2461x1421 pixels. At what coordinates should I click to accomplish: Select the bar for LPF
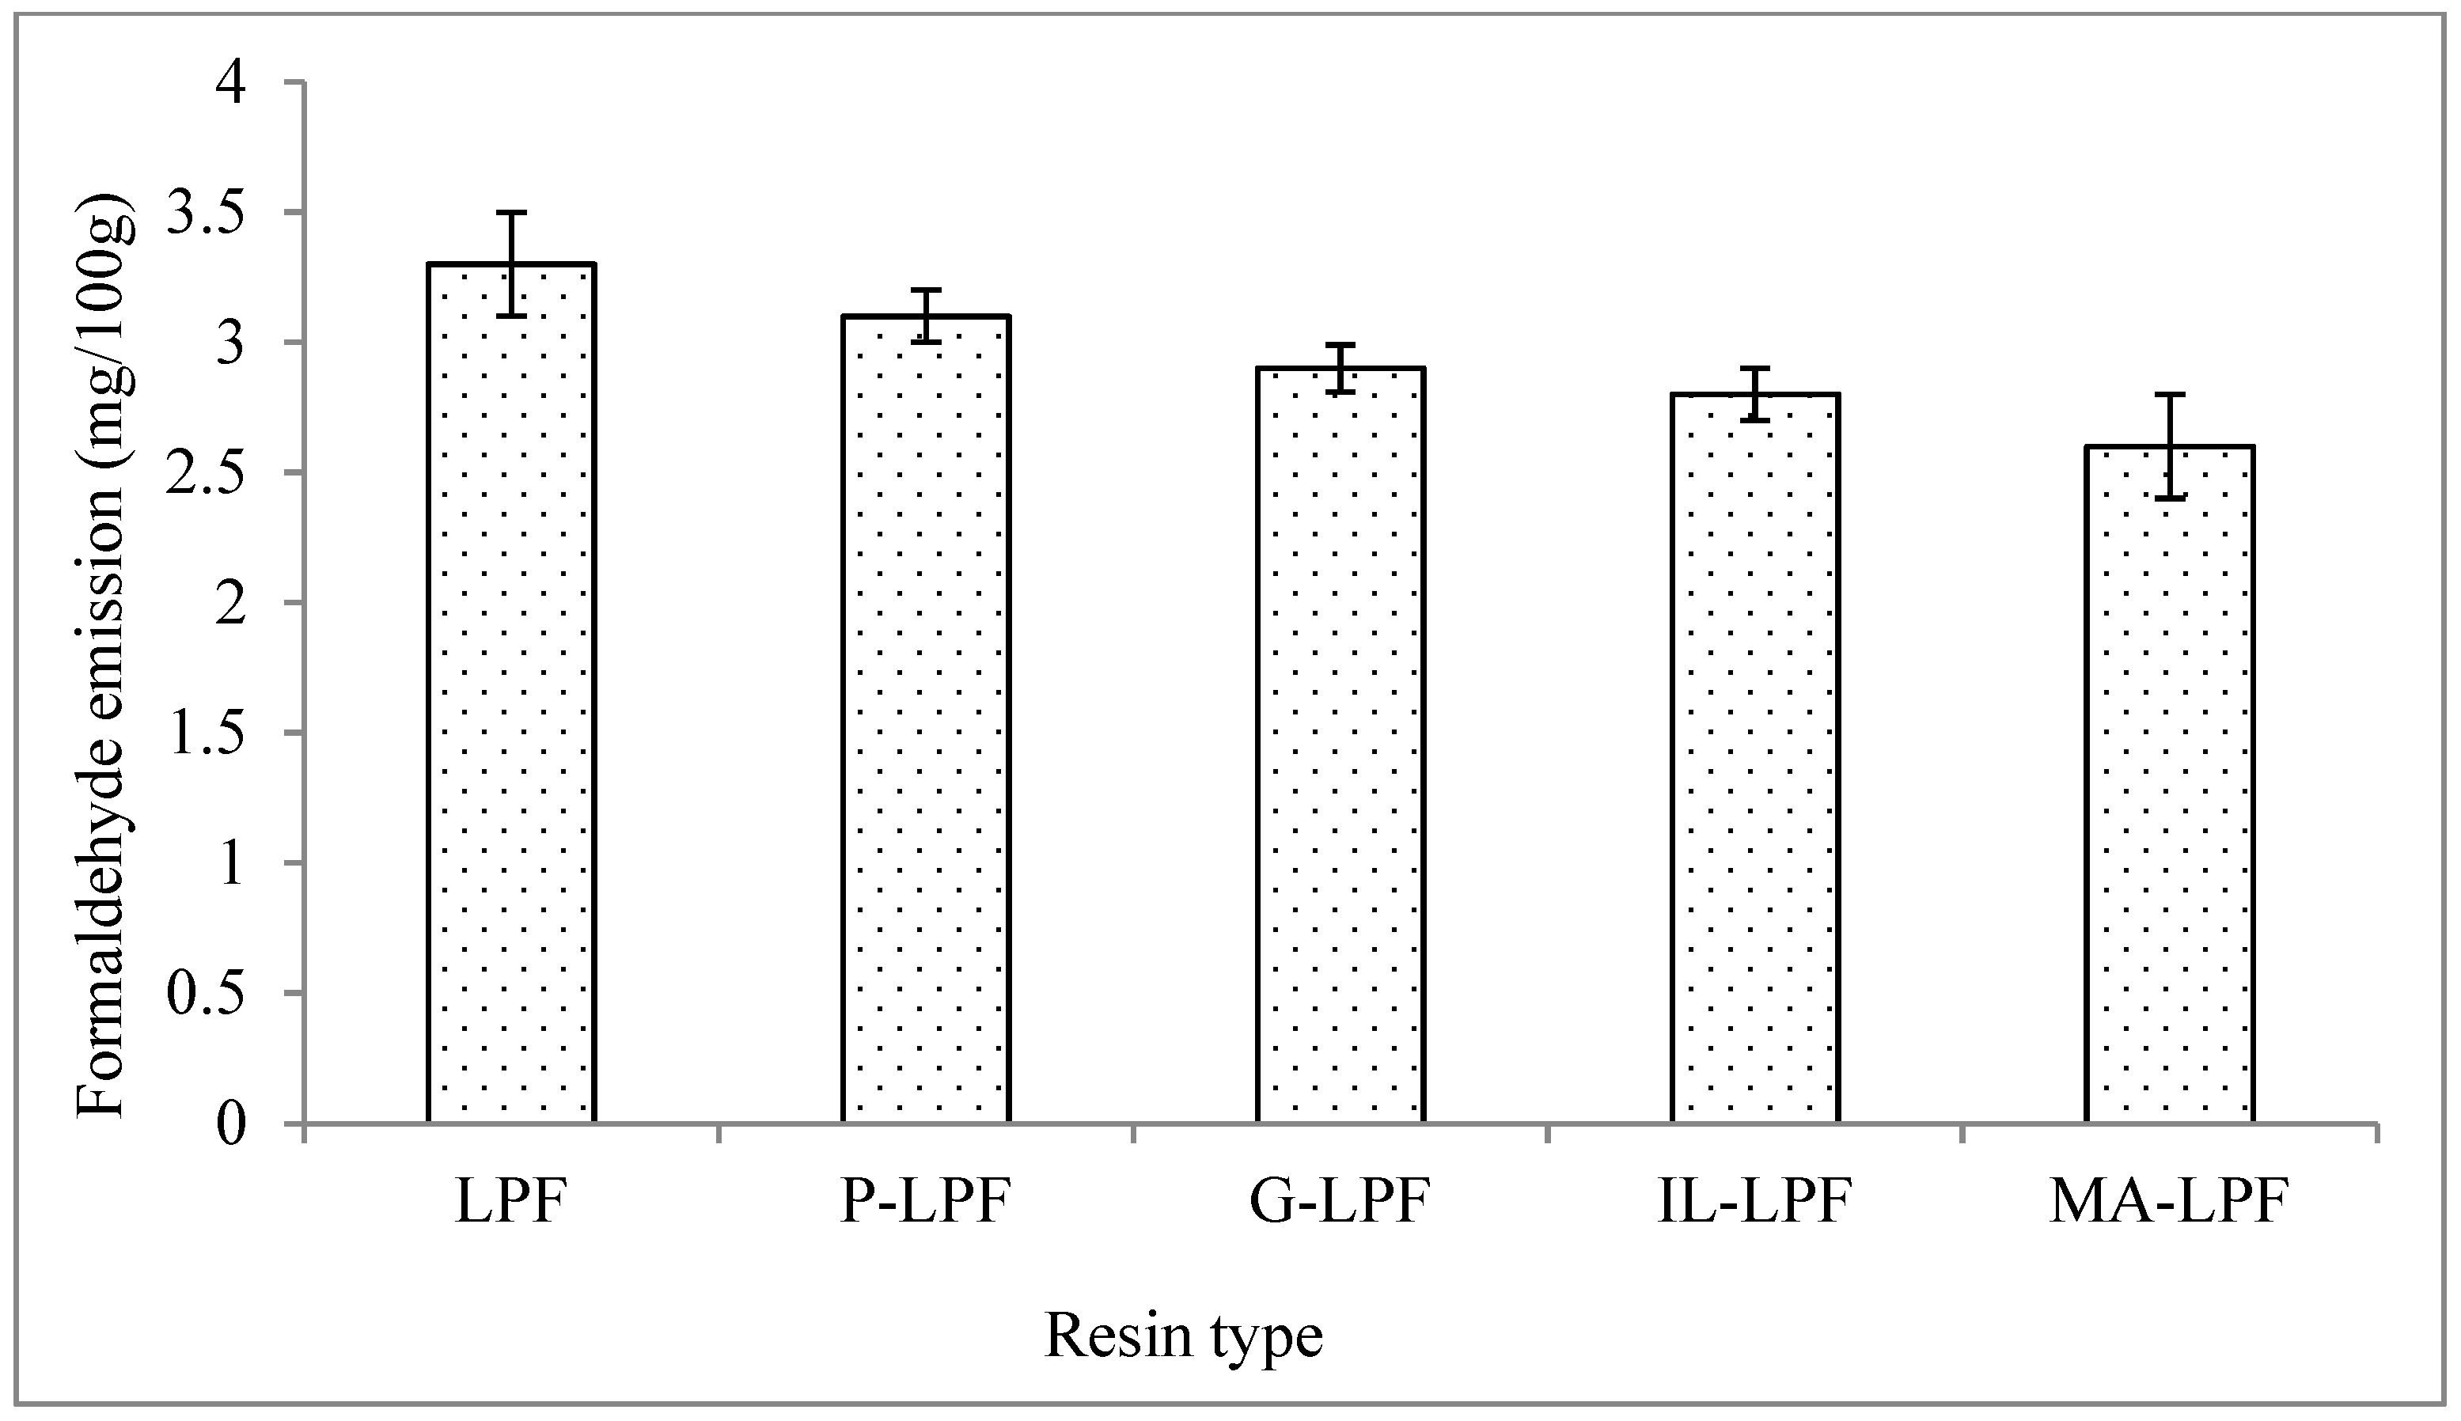coord(510,693)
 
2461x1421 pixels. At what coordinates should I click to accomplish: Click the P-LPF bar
coord(925,719)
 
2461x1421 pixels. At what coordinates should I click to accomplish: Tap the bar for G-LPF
coord(1340,745)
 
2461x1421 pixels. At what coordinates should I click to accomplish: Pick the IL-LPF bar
coord(1754,758)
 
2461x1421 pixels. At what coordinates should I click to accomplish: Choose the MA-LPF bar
coord(2169,785)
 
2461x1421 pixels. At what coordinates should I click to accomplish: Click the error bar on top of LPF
coord(510,263)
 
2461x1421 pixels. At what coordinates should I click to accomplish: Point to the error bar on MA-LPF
coord(2169,446)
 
